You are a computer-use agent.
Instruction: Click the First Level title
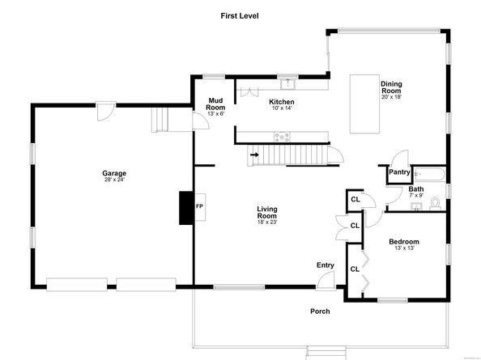239,15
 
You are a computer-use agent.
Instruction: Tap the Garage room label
113,172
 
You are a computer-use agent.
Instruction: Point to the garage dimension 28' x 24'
113,180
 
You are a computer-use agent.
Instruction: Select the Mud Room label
215,104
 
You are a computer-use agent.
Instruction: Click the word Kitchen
283,102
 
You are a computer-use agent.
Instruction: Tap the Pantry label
399,172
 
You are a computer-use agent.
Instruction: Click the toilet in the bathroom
435,202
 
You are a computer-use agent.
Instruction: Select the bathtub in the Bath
428,173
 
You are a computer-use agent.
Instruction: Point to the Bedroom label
403,242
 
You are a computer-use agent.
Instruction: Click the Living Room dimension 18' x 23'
267,224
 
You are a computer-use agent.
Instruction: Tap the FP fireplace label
199,205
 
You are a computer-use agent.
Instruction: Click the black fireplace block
186,207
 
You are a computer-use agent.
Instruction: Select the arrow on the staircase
255,153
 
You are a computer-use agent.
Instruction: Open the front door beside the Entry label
326,280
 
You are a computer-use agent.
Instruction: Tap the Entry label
325,265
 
